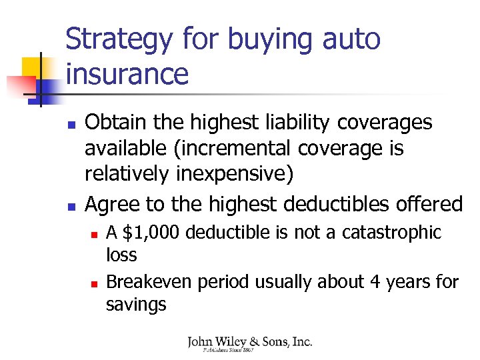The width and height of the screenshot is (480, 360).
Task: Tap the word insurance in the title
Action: pos(127,73)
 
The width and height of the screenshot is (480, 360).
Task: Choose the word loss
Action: pos(121,255)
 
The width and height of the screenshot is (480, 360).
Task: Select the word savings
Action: pos(136,305)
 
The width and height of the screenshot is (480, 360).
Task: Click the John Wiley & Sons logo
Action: pos(249,345)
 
